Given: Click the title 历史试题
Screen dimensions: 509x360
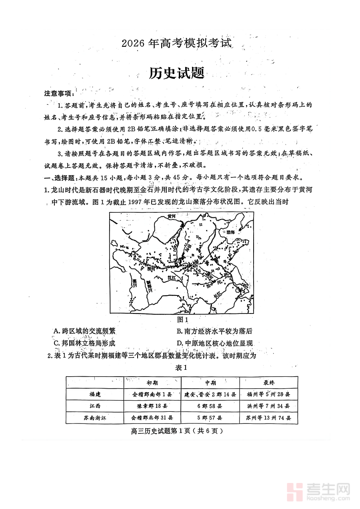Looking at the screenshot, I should [x=176, y=73].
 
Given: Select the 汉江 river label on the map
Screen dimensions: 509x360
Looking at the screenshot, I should [x=172, y=277].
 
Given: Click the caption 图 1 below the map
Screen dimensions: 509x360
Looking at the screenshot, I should [x=182, y=319].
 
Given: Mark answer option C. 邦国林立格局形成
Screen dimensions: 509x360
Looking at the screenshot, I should [x=84, y=343].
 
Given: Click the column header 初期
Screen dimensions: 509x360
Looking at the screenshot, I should [x=152, y=383].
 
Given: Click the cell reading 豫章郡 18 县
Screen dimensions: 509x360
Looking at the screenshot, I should [x=152, y=406].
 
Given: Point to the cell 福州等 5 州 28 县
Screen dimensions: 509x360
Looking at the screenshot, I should [x=268, y=394].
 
